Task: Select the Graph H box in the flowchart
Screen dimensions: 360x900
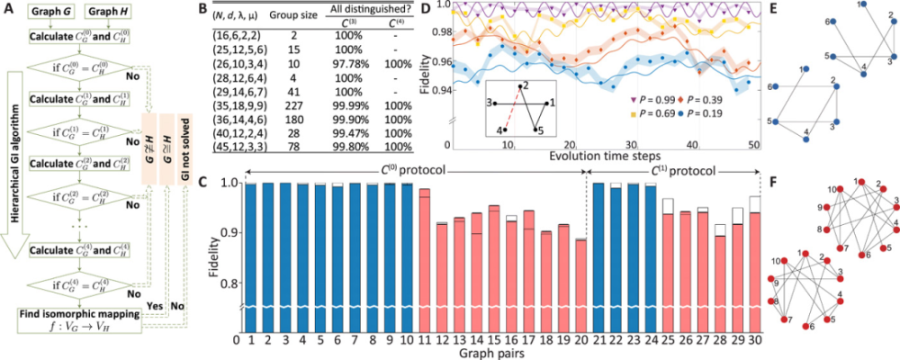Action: tap(112, 13)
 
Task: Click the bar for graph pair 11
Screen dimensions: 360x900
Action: tap(424, 261)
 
